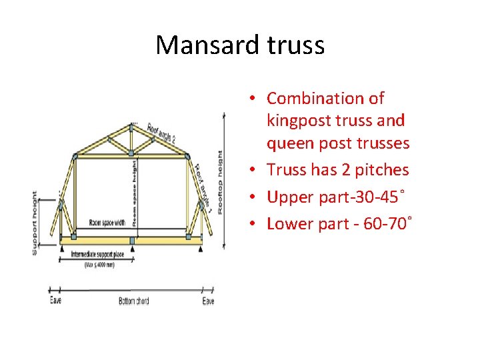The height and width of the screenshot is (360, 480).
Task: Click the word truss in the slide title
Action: coord(294,45)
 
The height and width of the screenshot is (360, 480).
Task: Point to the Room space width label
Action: coord(97,223)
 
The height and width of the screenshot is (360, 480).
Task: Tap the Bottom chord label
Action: coord(133,301)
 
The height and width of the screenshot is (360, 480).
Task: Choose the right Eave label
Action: coord(209,301)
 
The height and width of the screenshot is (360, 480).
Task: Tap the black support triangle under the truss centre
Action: coord(133,247)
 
